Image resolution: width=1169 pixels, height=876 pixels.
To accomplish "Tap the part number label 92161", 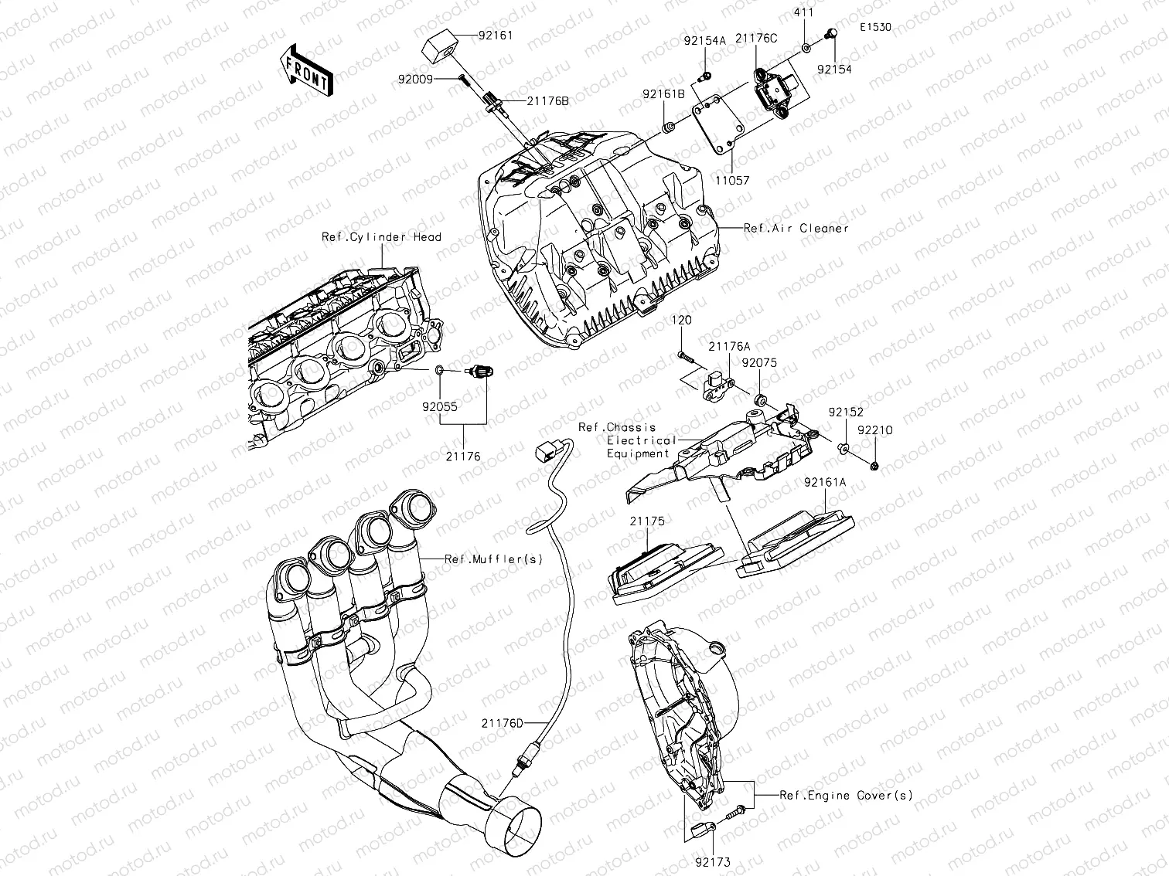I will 495,36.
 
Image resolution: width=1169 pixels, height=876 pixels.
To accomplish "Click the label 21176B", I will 548,101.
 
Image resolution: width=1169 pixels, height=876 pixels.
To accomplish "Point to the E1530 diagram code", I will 875,27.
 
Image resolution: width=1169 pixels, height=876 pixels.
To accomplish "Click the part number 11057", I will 731,180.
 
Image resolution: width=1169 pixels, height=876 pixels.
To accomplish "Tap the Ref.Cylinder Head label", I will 381,236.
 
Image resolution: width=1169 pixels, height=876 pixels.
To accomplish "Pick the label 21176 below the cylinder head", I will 462,457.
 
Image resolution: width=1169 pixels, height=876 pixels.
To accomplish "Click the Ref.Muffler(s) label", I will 493,559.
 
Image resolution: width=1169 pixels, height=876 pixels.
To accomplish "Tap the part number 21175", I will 646,521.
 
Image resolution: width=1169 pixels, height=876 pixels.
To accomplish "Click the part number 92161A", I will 825,482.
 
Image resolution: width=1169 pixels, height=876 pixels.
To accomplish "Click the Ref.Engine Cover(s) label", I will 846,795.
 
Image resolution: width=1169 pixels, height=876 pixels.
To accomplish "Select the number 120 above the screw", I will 681,320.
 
